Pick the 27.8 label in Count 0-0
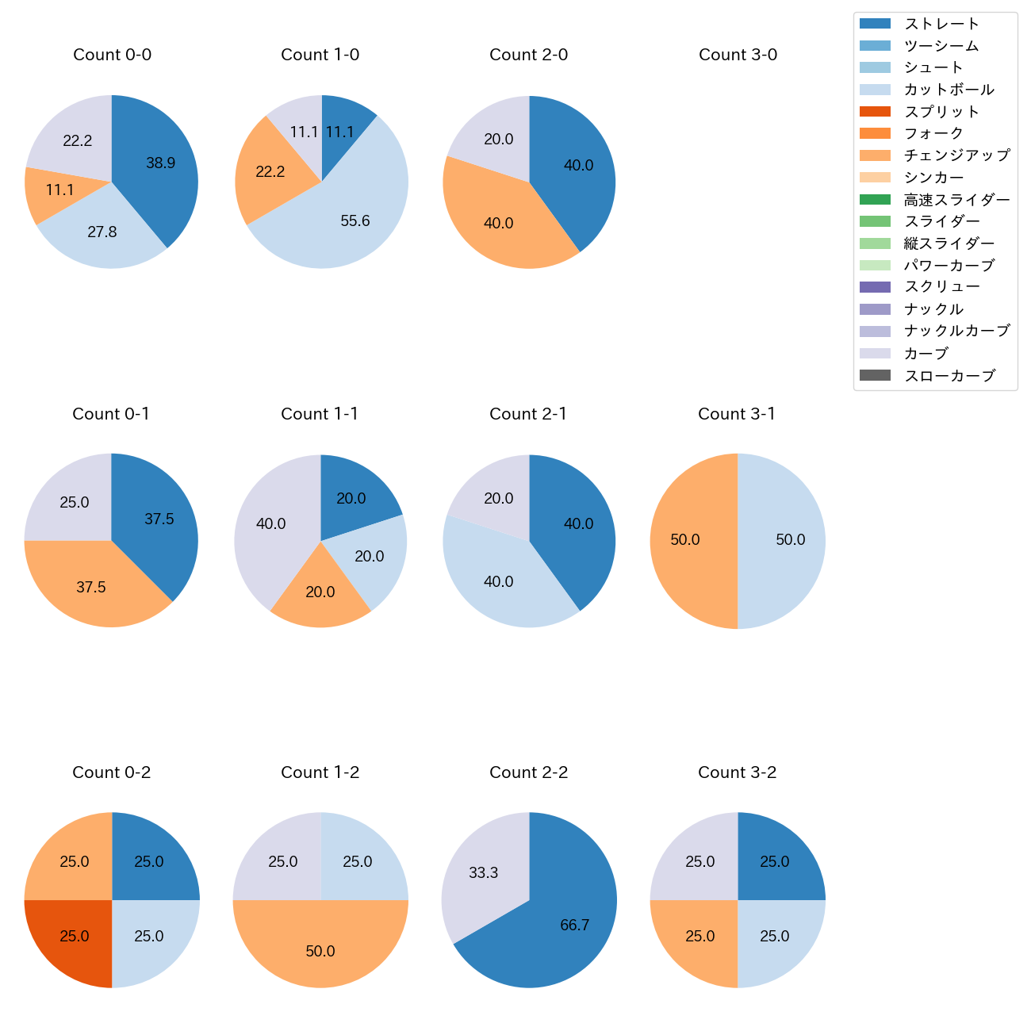tap(102, 232)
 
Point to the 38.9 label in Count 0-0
tap(160, 163)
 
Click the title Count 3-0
tap(738, 55)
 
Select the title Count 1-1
tap(320, 414)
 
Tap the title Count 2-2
tap(528, 772)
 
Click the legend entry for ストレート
tap(941, 24)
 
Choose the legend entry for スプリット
tap(941, 112)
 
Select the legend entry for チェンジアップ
tap(956, 155)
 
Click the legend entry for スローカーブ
tap(949, 376)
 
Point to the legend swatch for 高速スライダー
tap(875, 200)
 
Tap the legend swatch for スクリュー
tap(875, 287)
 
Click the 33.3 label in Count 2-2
tap(483, 873)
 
